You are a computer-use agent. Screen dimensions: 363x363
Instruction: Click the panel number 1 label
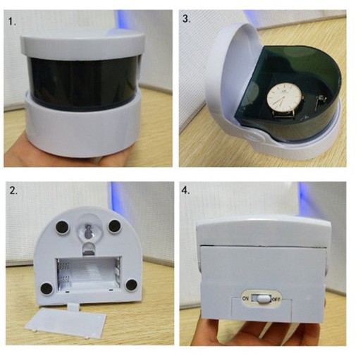12,22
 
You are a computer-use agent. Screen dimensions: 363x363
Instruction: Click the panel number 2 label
13,190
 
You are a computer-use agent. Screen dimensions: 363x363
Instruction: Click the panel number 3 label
186,19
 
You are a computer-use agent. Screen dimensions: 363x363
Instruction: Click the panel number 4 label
185,190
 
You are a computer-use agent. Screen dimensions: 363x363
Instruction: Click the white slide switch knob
264,299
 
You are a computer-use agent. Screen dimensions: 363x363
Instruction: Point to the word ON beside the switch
245,299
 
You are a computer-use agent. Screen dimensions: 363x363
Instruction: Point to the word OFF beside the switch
276,300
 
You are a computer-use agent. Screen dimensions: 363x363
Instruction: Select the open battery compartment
89,274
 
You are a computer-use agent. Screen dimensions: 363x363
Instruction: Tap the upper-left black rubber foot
62,227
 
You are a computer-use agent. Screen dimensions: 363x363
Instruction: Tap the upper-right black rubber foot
114,226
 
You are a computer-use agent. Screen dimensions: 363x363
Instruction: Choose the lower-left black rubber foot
47,288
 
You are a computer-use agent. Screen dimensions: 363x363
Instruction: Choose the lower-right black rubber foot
131,285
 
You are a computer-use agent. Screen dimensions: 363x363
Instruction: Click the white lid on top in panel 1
82,44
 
